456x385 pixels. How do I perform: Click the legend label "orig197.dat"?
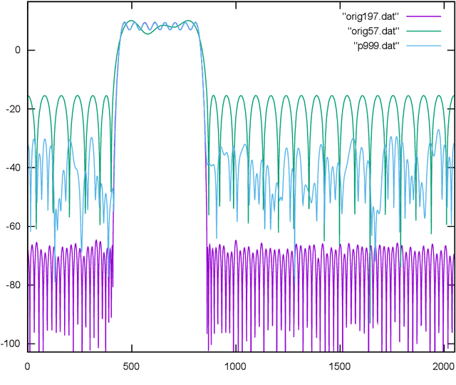click(x=375, y=16)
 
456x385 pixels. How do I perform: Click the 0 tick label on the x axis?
click(x=27, y=366)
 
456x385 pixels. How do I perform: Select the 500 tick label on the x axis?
click(x=131, y=366)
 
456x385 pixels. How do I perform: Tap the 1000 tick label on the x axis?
click(x=235, y=366)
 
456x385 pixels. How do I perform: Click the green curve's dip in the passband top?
click(x=147, y=34)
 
